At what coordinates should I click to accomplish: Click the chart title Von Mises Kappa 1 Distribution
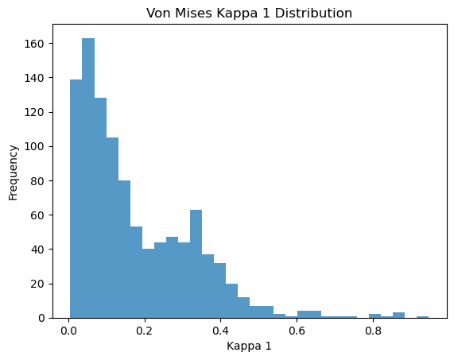(x=249, y=13)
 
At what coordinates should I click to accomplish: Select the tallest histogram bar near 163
(x=88, y=178)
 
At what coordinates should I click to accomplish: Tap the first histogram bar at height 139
(x=76, y=199)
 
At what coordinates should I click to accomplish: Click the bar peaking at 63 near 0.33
(x=196, y=264)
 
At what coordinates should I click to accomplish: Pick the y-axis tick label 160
(x=34, y=44)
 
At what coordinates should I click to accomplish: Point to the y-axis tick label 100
(x=34, y=146)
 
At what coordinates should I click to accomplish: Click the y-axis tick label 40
(x=37, y=250)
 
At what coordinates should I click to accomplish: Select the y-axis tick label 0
(x=41, y=318)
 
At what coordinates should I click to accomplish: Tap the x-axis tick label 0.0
(x=68, y=331)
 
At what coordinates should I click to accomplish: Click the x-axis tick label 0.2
(x=145, y=331)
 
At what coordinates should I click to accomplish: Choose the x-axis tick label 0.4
(x=220, y=331)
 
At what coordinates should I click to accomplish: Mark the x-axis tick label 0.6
(x=297, y=331)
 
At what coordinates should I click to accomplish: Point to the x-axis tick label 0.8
(x=373, y=331)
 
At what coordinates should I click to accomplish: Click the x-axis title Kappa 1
(x=249, y=346)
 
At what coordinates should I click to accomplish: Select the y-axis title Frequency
(x=13, y=172)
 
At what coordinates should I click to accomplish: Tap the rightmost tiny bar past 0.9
(x=422, y=317)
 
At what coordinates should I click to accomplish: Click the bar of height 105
(x=112, y=228)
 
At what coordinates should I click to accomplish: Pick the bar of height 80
(x=124, y=250)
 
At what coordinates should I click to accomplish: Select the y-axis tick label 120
(x=34, y=112)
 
